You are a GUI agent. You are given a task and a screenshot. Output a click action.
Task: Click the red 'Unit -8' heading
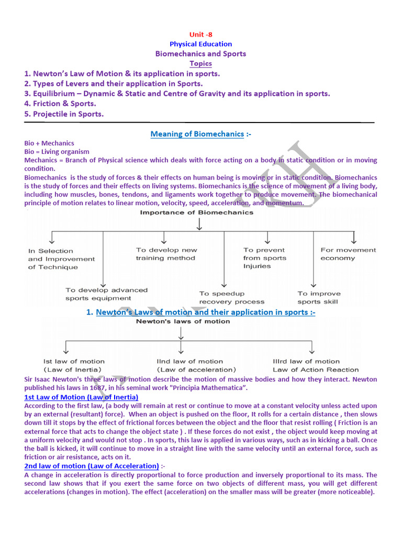coord(201,35)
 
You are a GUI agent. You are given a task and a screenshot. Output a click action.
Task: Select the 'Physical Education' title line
coord(201,44)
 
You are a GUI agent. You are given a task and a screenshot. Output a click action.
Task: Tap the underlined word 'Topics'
coord(201,63)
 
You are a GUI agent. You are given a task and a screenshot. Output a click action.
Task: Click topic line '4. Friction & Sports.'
coord(60,104)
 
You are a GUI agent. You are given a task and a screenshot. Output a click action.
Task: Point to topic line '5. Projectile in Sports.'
coord(64,114)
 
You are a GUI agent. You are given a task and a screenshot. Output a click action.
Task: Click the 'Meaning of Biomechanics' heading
coord(197,134)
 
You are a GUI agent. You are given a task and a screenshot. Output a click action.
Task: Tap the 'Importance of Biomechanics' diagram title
coord(196,213)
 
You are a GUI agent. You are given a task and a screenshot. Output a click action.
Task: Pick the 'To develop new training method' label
coord(166,254)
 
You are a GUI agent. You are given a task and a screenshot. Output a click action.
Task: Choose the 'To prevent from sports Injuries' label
coord(264,258)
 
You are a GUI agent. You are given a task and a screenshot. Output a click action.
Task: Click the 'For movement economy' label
coord(348,254)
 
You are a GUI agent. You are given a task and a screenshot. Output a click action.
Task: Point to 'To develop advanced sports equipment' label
coord(107,294)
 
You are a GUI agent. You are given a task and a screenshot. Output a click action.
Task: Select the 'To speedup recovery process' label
coord(232,297)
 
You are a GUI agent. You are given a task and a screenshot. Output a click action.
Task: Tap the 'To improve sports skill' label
coord(319,297)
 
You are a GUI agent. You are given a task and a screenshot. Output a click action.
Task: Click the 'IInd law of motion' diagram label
coord(189,361)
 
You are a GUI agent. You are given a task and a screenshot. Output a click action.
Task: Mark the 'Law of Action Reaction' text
coord(316,370)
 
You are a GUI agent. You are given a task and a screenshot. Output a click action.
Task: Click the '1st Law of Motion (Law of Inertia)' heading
coord(81,398)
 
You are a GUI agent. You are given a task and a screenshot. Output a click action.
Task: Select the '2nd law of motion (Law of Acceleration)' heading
coord(92,466)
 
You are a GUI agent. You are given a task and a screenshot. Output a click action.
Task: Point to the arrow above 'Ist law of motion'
coord(65,347)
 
